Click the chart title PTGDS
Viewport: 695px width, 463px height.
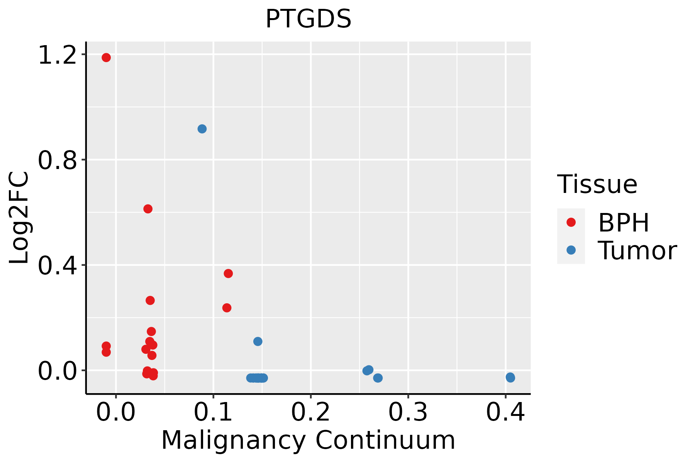click(x=309, y=19)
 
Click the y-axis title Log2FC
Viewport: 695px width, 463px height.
click(x=19, y=218)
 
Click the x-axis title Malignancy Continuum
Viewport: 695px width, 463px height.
click(x=308, y=441)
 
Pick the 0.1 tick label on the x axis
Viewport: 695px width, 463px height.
click(x=213, y=412)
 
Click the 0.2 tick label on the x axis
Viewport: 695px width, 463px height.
click(x=310, y=412)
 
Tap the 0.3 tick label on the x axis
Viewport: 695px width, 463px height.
click(x=408, y=412)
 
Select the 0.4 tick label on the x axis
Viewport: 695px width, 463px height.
click(x=505, y=412)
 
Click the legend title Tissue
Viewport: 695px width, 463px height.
click(x=597, y=184)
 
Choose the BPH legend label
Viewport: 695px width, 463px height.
click(x=624, y=223)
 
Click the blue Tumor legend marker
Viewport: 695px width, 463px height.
click(x=571, y=250)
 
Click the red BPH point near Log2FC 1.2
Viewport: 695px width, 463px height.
click(x=106, y=57)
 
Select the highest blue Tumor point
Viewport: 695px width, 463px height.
click(x=202, y=129)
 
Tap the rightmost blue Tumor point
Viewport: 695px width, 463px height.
click(x=510, y=377)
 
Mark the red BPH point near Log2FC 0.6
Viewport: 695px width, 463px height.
click(x=148, y=209)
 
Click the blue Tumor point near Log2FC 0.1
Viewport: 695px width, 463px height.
click(x=258, y=341)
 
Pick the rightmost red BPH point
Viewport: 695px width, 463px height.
click(x=228, y=274)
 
